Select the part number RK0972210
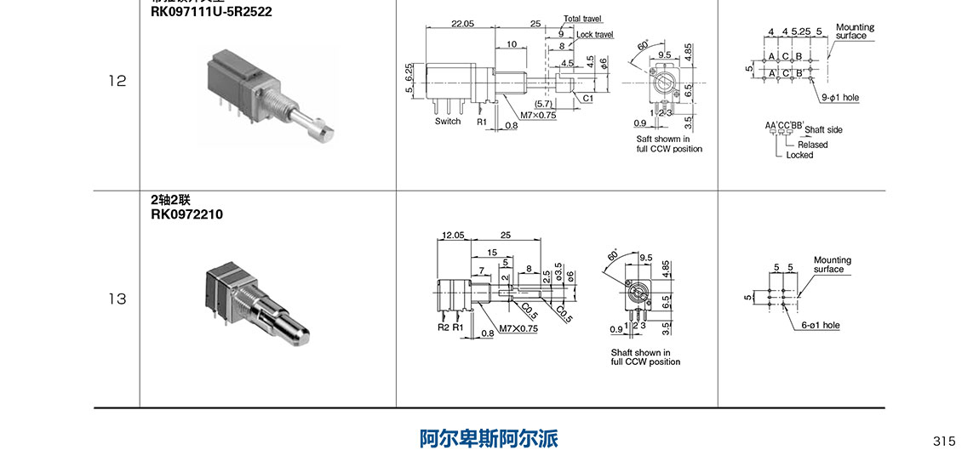point(186,214)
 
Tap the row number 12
point(117,82)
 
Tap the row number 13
point(117,299)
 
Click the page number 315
point(944,441)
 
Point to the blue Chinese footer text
point(489,439)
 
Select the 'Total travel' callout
point(582,18)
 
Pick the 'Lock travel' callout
point(595,35)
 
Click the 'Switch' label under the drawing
point(448,122)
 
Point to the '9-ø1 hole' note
point(841,98)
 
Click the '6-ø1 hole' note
point(821,325)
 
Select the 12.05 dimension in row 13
point(453,235)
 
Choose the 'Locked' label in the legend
point(799,155)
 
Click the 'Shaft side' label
point(823,130)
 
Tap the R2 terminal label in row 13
point(443,328)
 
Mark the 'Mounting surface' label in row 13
point(832,265)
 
